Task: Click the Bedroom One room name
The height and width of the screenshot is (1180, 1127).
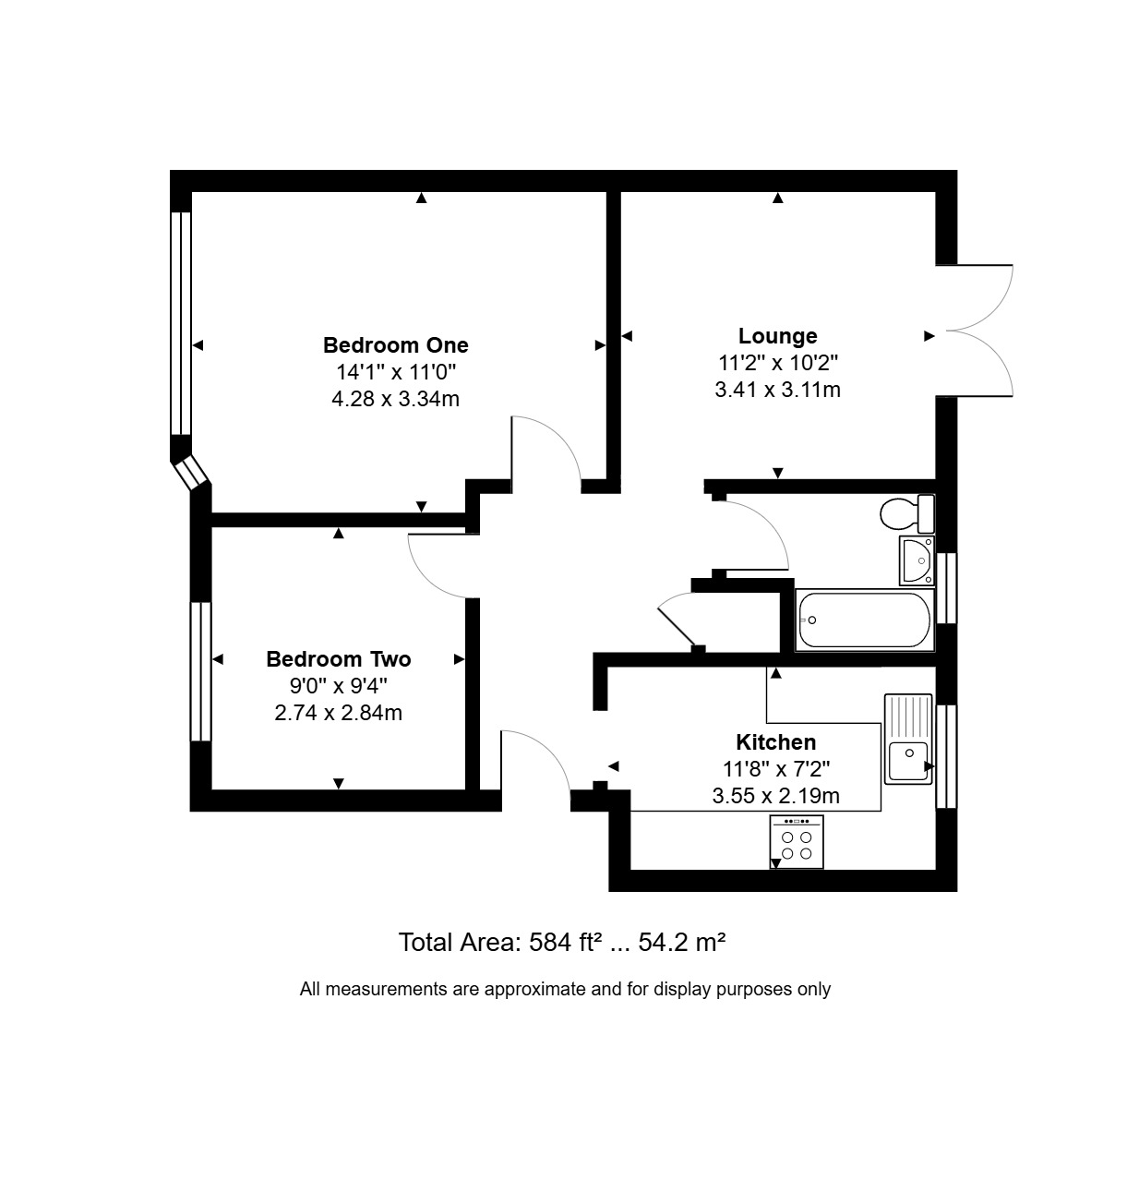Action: pyautogui.click(x=395, y=345)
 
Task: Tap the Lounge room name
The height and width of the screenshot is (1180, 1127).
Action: pyautogui.click(x=777, y=336)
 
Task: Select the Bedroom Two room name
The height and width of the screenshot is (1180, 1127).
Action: pyautogui.click(x=338, y=659)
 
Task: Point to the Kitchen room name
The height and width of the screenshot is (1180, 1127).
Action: pyautogui.click(x=776, y=742)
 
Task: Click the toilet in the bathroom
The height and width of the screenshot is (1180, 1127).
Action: pyautogui.click(x=907, y=513)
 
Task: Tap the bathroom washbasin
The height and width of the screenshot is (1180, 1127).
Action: pyautogui.click(x=917, y=560)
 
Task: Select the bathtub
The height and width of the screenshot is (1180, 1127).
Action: pyautogui.click(x=865, y=620)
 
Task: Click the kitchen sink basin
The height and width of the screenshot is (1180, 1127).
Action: pyautogui.click(x=908, y=761)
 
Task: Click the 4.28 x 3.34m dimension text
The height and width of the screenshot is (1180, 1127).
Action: pyautogui.click(x=395, y=399)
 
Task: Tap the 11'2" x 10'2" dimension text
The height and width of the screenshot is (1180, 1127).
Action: pyautogui.click(x=778, y=363)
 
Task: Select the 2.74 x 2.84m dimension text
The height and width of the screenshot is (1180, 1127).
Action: pyautogui.click(x=338, y=713)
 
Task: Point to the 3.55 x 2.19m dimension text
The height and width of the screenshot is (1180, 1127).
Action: pyautogui.click(x=776, y=796)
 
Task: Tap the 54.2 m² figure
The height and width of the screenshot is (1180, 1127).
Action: pyautogui.click(x=682, y=943)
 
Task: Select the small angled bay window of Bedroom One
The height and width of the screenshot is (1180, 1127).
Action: pyautogui.click(x=190, y=472)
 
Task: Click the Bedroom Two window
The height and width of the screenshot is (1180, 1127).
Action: pyautogui.click(x=200, y=671)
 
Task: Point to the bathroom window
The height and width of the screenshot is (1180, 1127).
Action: pyautogui.click(x=946, y=588)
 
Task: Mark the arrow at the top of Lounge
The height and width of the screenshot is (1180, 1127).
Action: pyautogui.click(x=778, y=198)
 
